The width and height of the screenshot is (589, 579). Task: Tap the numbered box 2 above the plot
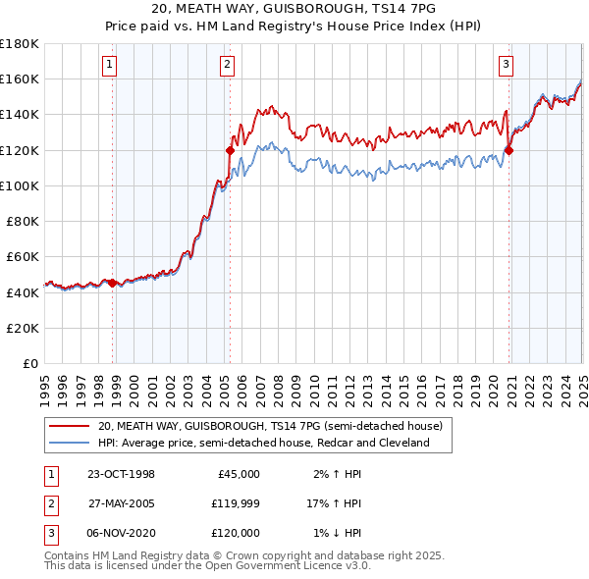pos(227,66)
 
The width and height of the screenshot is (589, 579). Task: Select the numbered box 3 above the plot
pos(506,66)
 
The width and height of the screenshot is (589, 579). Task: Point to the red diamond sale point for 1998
pos(113,283)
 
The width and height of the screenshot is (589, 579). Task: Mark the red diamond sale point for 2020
pos(509,149)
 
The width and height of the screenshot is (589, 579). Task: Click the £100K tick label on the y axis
pos(19,185)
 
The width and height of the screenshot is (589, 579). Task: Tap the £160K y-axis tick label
pos(19,79)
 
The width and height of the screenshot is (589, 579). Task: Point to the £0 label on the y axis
pos(29,363)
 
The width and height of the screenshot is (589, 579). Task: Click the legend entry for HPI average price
pos(264,443)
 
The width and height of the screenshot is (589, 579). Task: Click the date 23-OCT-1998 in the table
pos(121,474)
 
